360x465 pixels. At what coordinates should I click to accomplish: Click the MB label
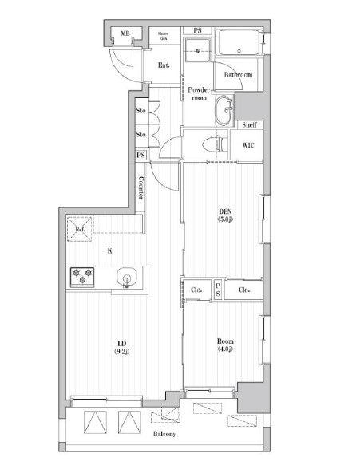125,34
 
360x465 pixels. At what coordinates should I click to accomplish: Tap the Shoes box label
163,34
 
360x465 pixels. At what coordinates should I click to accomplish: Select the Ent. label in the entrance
164,65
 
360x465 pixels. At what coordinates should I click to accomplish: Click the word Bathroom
238,75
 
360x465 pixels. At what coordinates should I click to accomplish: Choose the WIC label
247,144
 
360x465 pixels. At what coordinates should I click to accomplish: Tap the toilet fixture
210,144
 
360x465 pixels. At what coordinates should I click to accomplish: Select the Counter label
141,188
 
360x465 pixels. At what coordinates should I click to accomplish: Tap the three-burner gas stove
83,277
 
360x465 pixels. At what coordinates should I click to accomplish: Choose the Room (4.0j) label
224,345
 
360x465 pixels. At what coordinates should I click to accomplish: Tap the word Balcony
167,435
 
